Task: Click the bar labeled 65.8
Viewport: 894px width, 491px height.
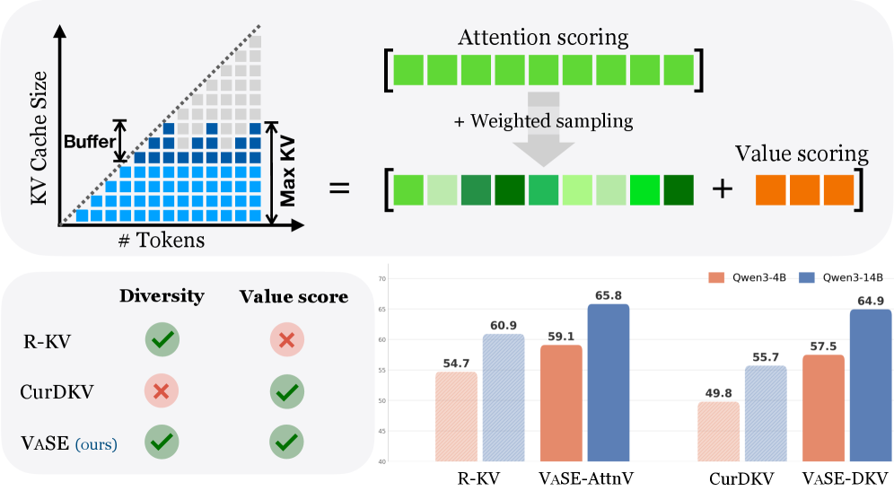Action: [609, 382]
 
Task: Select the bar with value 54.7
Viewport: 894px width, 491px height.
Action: [456, 416]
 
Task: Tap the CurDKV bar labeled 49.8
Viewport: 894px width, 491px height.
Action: [718, 432]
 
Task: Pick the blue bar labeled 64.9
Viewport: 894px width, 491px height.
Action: [871, 385]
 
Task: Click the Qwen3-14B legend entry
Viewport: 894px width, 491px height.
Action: [841, 277]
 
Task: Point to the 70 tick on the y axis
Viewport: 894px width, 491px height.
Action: [382, 279]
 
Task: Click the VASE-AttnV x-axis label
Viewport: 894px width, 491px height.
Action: [586, 478]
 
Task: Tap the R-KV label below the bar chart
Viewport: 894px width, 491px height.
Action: [478, 478]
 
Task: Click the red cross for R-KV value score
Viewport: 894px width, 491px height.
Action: [287, 340]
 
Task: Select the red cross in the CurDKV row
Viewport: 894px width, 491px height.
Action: [162, 391]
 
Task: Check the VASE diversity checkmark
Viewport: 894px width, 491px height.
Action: [162, 442]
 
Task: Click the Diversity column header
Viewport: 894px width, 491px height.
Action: [162, 296]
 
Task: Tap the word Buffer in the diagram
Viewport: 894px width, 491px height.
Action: [90, 142]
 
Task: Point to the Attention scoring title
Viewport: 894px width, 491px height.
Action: [543, 38]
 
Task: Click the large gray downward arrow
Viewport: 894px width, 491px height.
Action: [543, 129]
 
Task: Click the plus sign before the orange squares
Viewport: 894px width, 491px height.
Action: [723, 189]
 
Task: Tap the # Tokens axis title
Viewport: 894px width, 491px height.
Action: [162, 240]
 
